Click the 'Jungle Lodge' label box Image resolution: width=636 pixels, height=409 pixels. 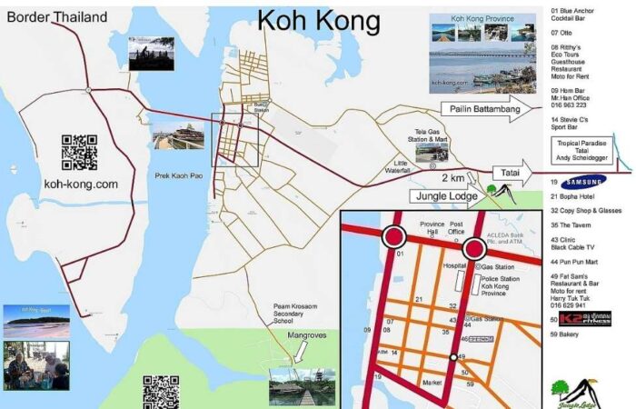445,196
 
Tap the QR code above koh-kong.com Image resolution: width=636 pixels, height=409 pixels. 80,152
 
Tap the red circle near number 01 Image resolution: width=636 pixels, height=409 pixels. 394,237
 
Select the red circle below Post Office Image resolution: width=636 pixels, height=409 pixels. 473,249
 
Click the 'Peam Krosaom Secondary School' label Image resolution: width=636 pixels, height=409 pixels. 295,314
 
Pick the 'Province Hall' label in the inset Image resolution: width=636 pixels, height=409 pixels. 432,228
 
